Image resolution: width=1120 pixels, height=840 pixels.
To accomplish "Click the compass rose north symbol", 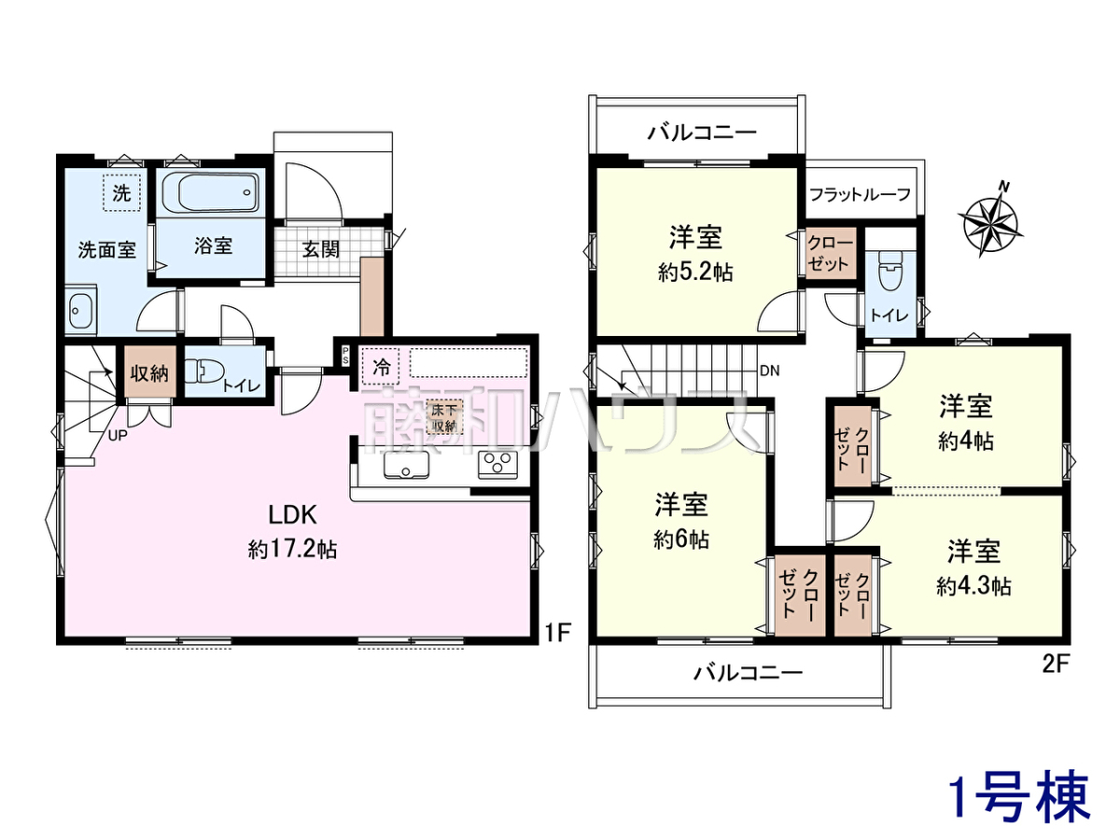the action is click(990, 219).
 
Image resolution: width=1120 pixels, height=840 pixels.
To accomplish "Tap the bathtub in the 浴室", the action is click(211, 193).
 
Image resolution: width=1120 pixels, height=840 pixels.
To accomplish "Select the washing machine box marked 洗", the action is click(121, 193).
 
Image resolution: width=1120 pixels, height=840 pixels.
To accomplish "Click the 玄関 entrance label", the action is click(320, 249).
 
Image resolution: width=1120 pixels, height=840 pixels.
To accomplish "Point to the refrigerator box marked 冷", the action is click(381, 367).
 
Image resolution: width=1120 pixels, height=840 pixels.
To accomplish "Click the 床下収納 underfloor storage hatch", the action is click(444, 416).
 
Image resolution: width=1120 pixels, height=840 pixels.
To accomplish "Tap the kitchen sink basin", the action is click(406, 465).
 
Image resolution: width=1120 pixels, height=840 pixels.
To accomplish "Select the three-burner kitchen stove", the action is click(497, 465).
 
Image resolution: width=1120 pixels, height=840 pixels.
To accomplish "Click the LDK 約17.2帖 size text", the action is click(292, 551).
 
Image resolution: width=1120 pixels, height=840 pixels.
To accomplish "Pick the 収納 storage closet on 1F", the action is click(149, 371).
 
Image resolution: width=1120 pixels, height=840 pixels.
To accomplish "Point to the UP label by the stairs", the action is click(118, 436).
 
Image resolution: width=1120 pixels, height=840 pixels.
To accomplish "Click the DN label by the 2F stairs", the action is click(769, 371).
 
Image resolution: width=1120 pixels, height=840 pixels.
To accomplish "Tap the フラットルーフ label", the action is click(861, 194).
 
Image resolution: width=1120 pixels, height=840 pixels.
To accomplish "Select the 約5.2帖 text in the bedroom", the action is click(695, 273).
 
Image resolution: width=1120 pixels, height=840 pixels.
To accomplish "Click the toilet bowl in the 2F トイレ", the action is click(889, 272).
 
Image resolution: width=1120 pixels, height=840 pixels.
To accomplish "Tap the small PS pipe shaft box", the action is click(345, 355).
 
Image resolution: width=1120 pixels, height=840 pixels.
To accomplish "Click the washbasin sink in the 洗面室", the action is click(81, 311).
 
